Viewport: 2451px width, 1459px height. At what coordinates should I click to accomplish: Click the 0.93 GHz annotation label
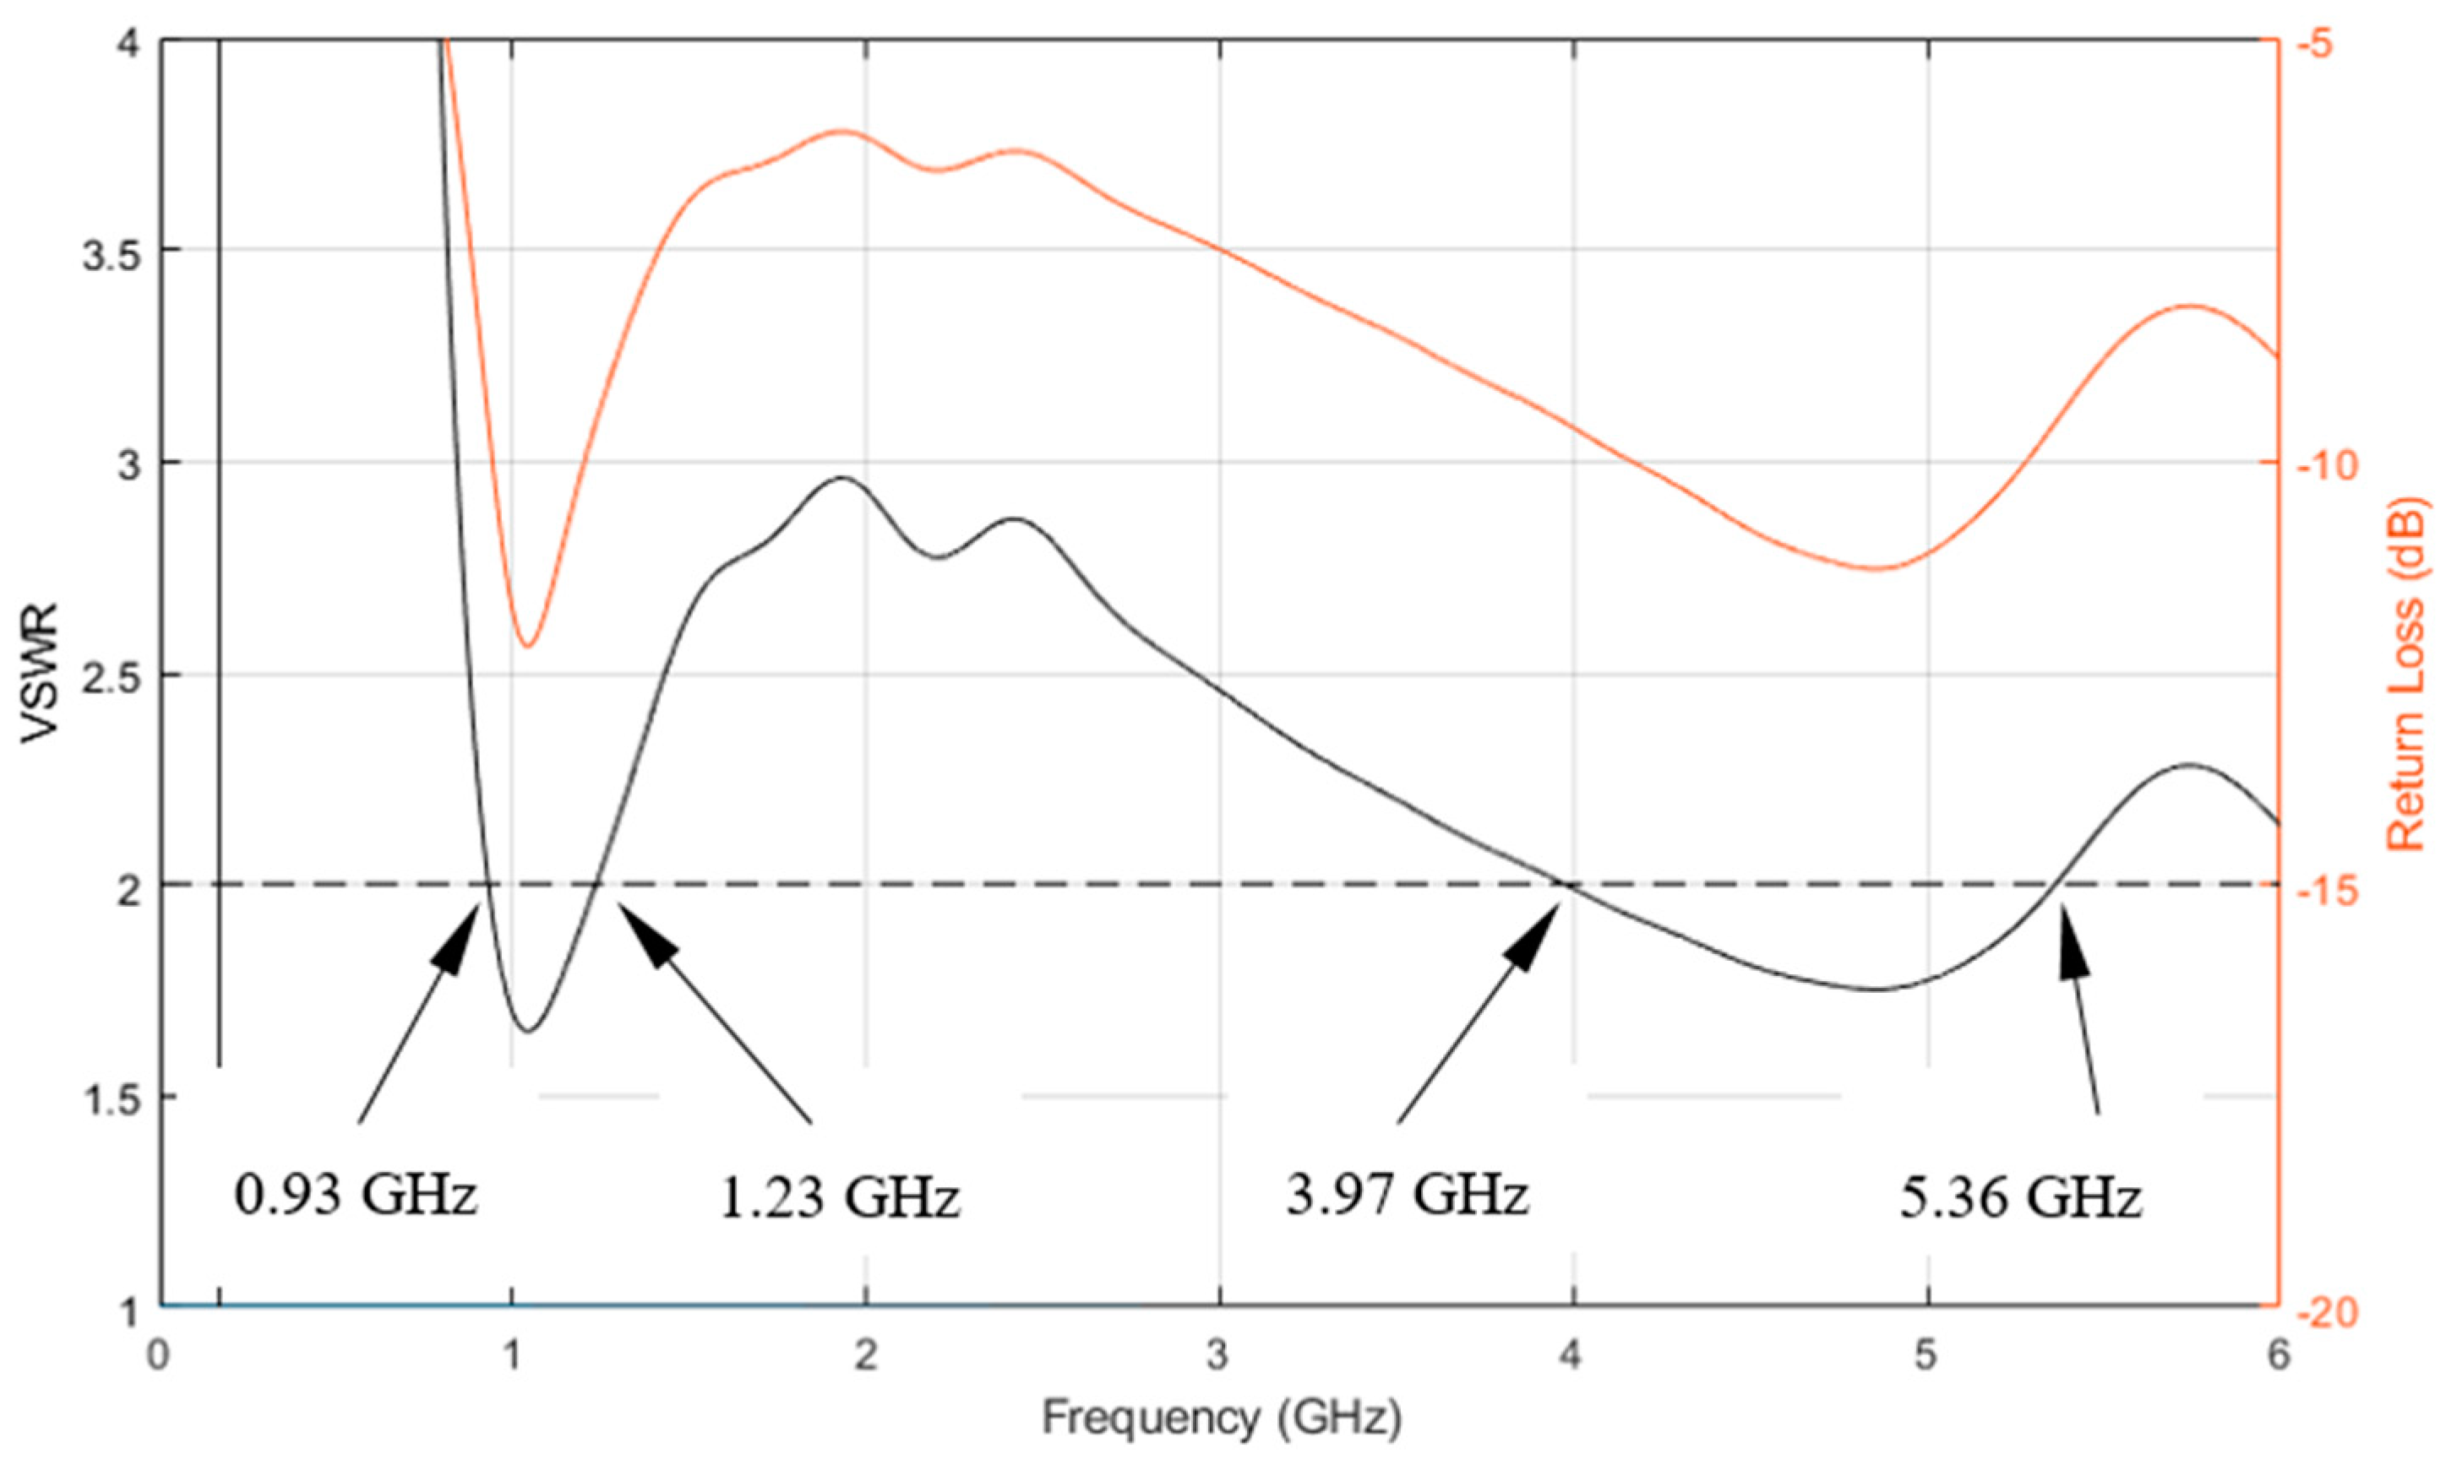[x=356, y=1196]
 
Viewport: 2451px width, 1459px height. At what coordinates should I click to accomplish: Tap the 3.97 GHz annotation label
[x=1408, y=1195]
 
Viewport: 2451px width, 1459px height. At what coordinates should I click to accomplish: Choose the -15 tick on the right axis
[x=2325, y=887]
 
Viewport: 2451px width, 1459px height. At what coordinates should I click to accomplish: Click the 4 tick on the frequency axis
[x=1571, y=1357]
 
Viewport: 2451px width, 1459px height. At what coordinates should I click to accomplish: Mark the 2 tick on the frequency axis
[x=864, y=1357]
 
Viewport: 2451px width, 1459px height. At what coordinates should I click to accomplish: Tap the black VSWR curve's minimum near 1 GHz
[x=528, y=1030]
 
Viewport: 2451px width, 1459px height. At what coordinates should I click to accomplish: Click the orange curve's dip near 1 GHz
[x=527, y=646]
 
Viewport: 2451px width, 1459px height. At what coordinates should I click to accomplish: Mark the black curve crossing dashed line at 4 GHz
[x=1566, y=884]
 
